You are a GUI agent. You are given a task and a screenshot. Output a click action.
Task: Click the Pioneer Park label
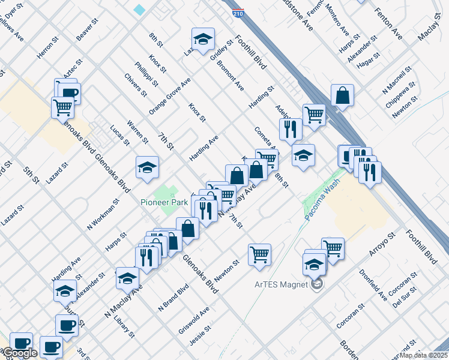tap(165, 203)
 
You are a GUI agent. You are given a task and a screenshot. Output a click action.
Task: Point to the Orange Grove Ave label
tap(170, 96)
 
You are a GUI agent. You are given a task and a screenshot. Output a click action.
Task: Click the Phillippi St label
tap(146, 74)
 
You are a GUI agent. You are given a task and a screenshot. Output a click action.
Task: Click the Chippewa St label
tap(400, 93)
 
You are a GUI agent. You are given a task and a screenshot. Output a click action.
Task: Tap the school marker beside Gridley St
tap(203, 39)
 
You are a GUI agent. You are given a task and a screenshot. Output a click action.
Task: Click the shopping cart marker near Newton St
tap(259, 254)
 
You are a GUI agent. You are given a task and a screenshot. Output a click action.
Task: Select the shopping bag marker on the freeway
tap(342, 95)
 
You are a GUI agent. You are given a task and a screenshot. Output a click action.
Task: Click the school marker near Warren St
tap(147, 167)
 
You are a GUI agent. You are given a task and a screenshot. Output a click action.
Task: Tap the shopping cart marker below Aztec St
tap(62, 107)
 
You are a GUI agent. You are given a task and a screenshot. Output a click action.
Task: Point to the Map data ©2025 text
tap(424, 355)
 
